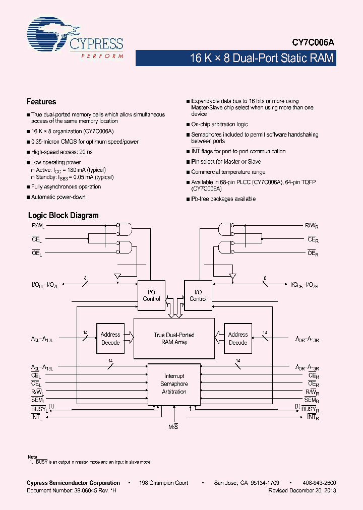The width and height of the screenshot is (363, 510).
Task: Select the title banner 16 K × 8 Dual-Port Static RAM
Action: (261, 58)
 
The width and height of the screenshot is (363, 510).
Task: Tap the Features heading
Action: (41, 102)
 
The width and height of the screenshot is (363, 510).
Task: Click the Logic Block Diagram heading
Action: (63, 215)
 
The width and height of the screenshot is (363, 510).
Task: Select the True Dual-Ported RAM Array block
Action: (174, 338)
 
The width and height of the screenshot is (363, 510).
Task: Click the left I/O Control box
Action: (151, 295)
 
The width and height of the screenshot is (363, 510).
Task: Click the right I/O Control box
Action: (198, 295)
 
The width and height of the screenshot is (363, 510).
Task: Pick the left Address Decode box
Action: (110, 338)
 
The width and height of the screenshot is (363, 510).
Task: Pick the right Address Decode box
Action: (238, 338)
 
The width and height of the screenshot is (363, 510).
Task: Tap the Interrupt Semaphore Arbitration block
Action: (174, 384)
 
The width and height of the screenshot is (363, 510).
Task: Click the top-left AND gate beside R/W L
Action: (124, 229)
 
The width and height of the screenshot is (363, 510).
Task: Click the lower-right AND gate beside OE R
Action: (225, 247)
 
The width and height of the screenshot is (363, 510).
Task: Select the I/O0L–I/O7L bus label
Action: (46, 285)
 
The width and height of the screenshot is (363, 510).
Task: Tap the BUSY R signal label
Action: (310, 409)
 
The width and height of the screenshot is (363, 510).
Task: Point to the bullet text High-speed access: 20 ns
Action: (62, 152)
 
